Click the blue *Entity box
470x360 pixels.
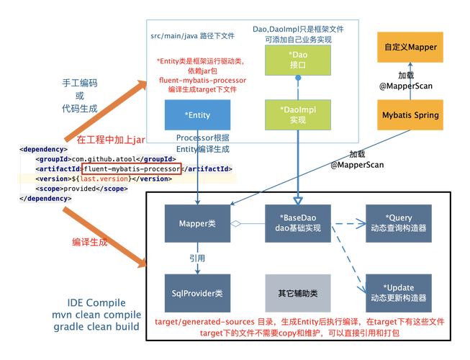tap(197, 114)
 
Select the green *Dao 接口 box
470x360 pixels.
tap(298, 60)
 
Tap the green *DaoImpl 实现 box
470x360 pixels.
tap(298, 114)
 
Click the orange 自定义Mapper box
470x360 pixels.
tap(410, 47)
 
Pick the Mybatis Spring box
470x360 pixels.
tap(410, 114)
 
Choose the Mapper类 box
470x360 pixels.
tap(197, 223)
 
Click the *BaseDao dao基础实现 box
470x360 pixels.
tap(298, 223)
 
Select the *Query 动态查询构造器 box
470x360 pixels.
tap(399, 223)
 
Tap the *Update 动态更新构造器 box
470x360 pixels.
tap(399, 293)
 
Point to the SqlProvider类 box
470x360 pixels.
tap(197, 293)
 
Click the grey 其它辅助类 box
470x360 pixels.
tap(298, 293)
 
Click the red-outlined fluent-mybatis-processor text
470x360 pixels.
tap(132, 168)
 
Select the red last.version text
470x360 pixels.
tap(104, 179)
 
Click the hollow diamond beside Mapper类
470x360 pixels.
tap(236, 224)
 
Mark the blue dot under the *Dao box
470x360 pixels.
tap(298, 78)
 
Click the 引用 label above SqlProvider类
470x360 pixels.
tap(197, 258)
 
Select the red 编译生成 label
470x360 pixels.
tap(90, 242)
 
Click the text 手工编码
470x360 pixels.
tap(80, 83)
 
